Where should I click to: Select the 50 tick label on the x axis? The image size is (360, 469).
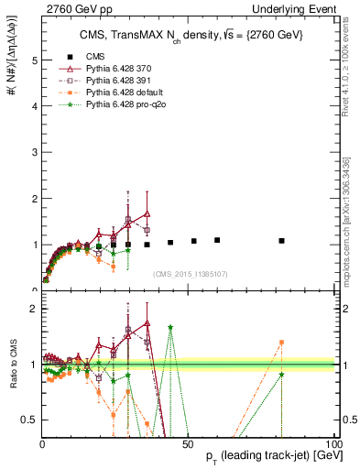[x=187, y=443]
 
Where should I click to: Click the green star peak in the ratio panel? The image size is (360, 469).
[x=170, y=327]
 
